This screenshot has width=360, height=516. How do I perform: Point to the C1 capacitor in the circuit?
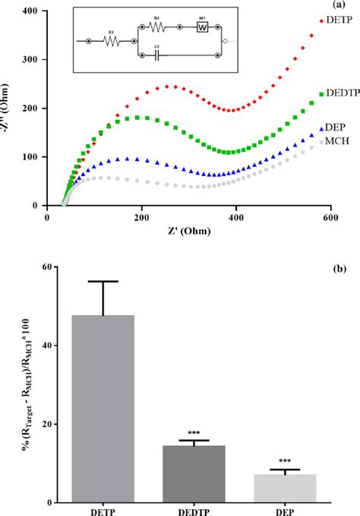[156, 54]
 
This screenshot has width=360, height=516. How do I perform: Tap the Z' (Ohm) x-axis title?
[197, 232]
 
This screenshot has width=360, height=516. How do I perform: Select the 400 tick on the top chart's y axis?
[50, 11]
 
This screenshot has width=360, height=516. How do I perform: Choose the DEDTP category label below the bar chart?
[199, 511]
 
